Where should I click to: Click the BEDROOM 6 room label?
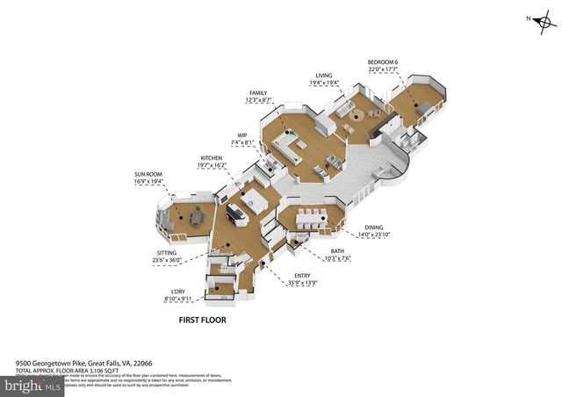[384, 61]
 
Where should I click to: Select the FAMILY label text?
[257, 93]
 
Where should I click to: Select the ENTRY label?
[301, 275]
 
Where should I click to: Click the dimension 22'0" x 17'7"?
[384, 69]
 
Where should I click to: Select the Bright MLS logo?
[33, 385]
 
